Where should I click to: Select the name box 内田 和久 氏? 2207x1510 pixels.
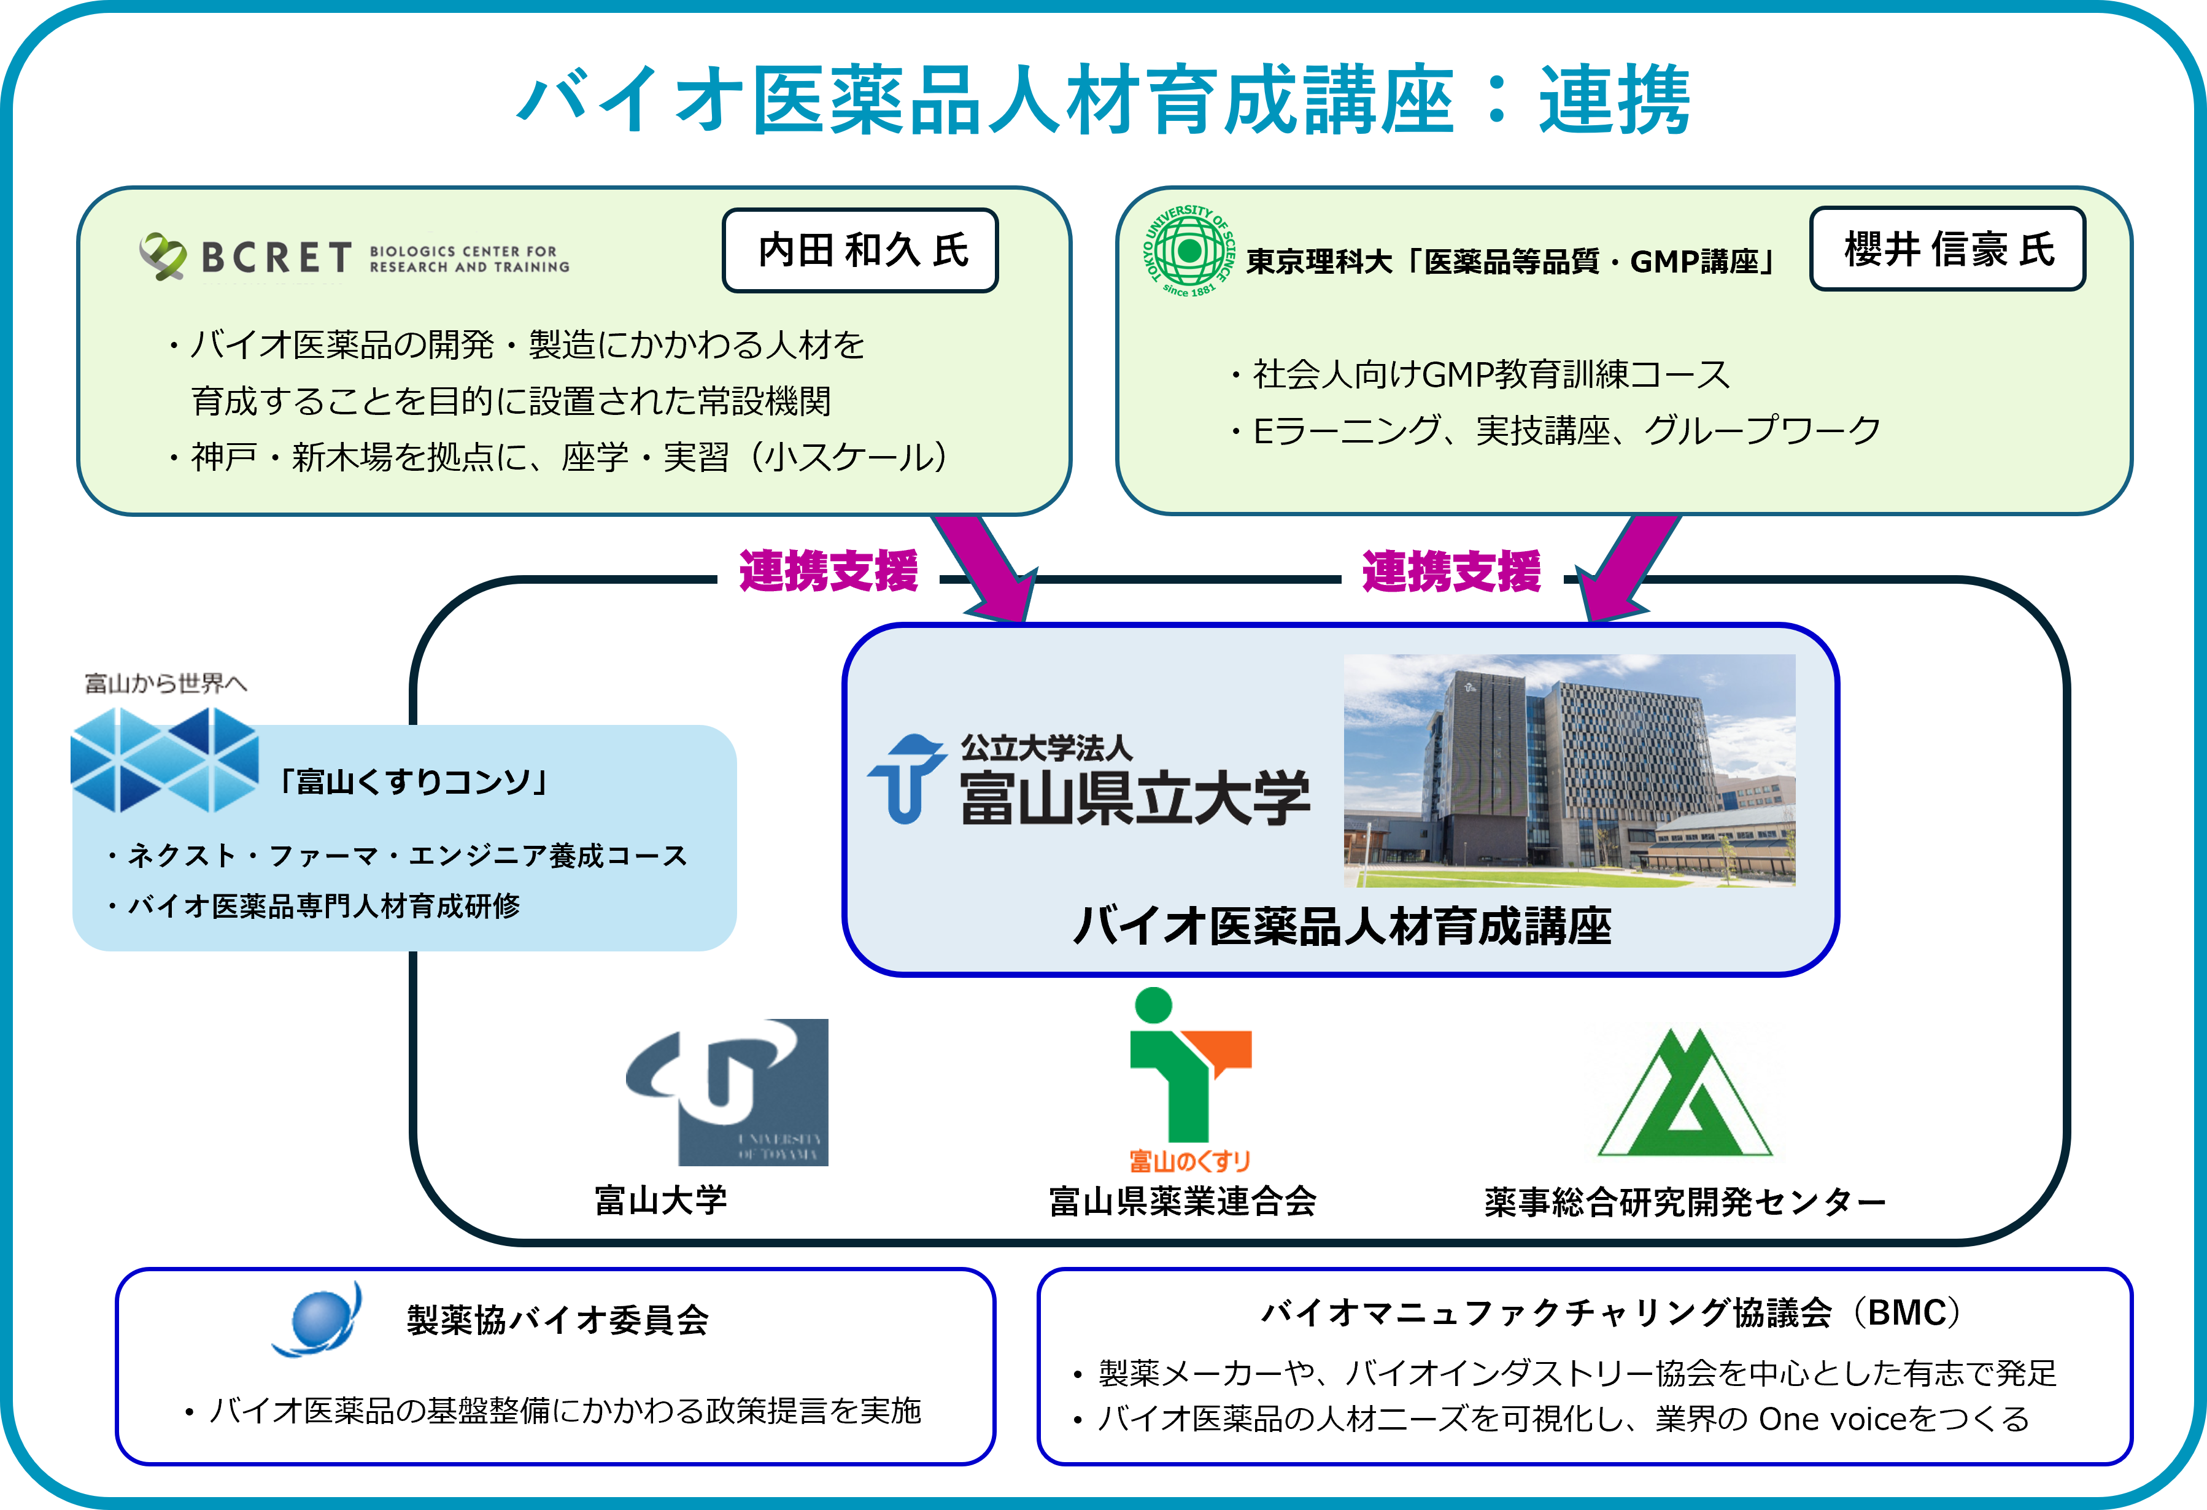coord(860,250)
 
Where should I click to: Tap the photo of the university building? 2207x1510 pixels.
coord(1569,770)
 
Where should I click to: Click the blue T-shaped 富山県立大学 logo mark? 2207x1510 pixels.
coord(906,778)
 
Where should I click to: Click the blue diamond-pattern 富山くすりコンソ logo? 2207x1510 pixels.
coord(164,761)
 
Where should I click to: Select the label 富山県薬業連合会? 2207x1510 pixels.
coord(1182,1202)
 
